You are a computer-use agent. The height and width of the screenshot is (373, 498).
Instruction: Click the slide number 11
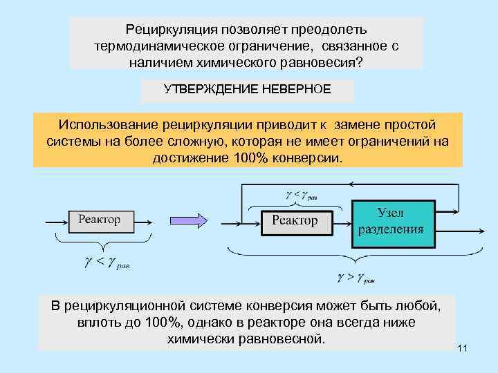pos(463,350)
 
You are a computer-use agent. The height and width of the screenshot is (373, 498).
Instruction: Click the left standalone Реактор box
pos(99,220)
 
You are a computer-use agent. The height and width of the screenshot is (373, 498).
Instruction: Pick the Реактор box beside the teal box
pos(295,220)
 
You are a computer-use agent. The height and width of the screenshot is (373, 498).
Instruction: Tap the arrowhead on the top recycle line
pos(353,184)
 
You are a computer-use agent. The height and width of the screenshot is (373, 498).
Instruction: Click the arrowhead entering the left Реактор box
pos(64,221)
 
